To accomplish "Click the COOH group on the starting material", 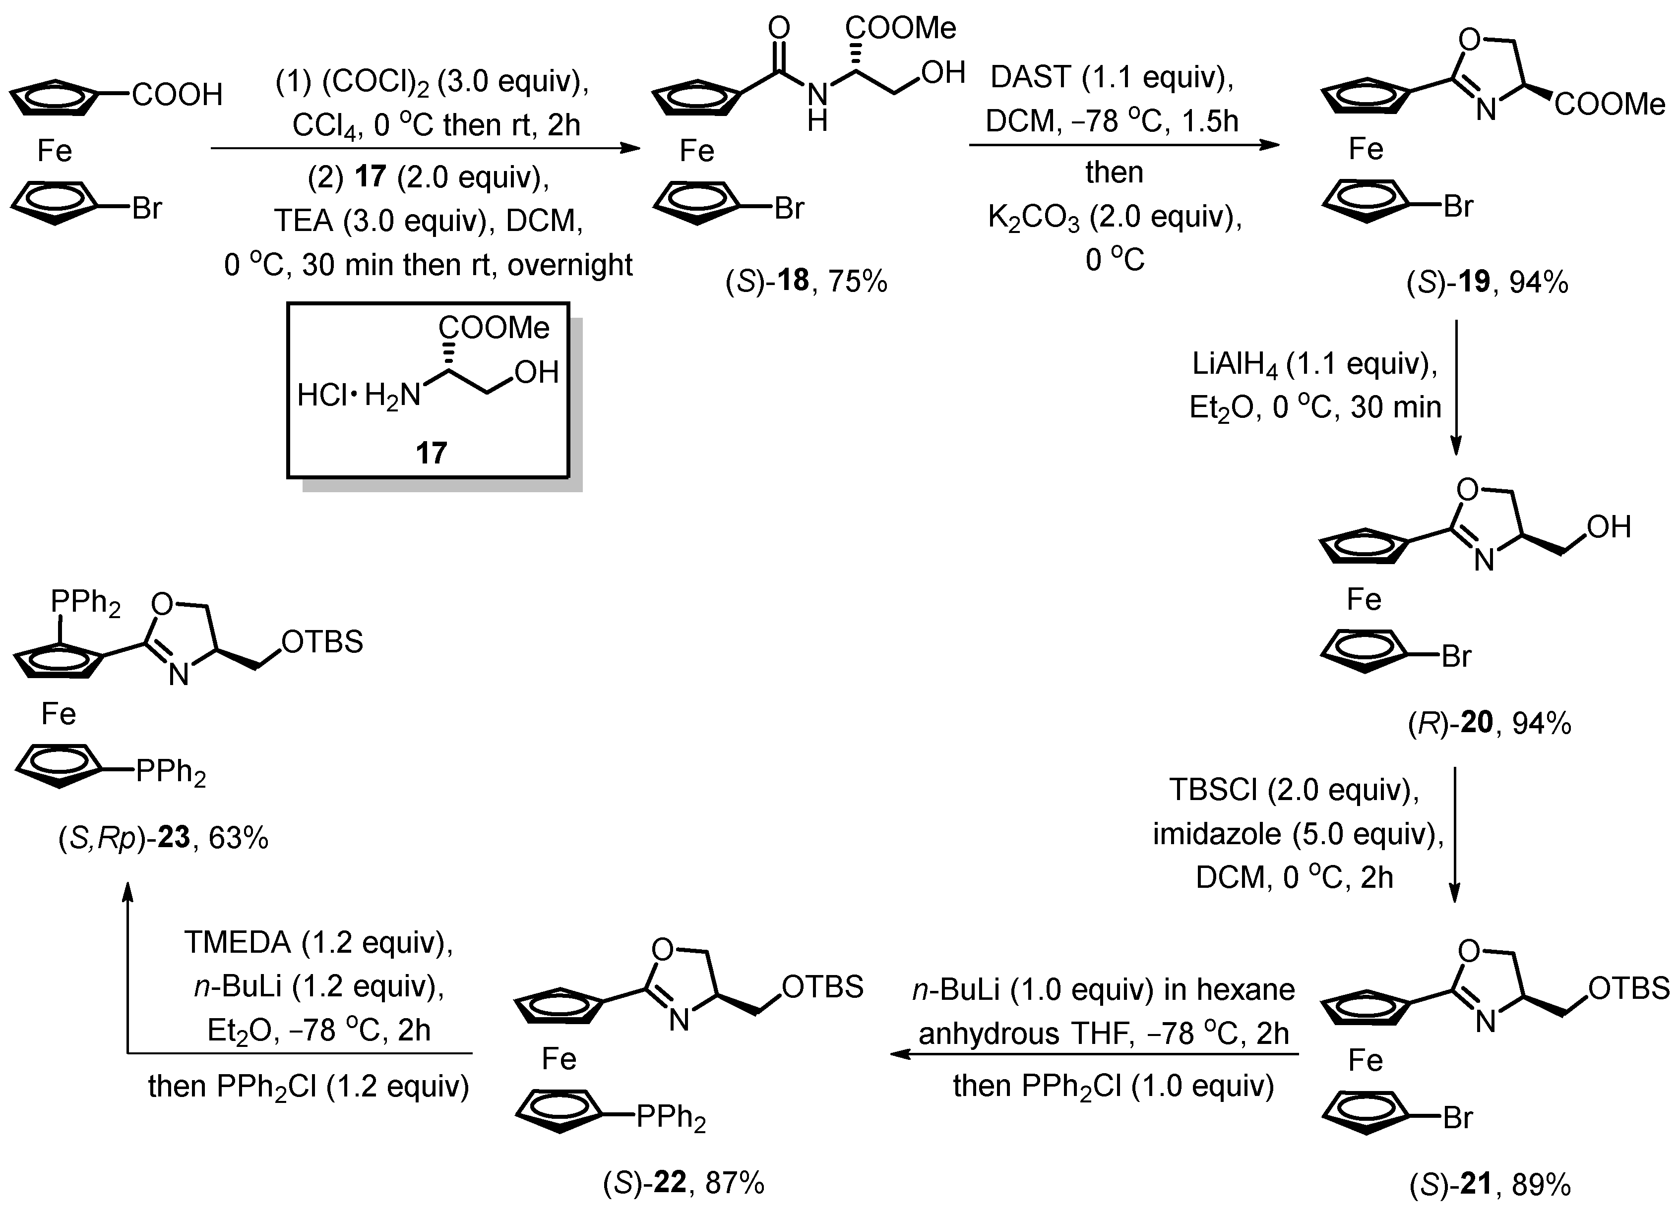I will (x=178, y=95).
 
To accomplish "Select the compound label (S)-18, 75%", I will (x=806, y=282).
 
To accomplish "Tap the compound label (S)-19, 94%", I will (x=1487, y=283).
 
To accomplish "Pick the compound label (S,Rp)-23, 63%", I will (x=163, y=838).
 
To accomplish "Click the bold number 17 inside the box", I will (x=431, y=453).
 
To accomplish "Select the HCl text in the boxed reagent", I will (x=322, y=396).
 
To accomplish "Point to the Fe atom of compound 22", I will (x=558, y=1059).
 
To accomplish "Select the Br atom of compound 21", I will (x=1458, y=1117).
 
